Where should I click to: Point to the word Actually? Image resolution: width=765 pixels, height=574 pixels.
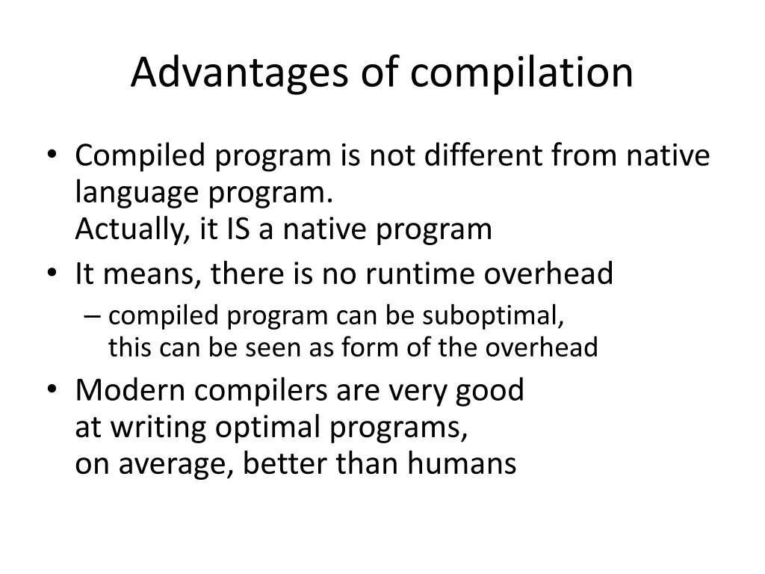pyautogui.click(x=131, y=229)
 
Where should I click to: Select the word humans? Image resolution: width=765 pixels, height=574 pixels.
pyautogui.click(x=462, y=464)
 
